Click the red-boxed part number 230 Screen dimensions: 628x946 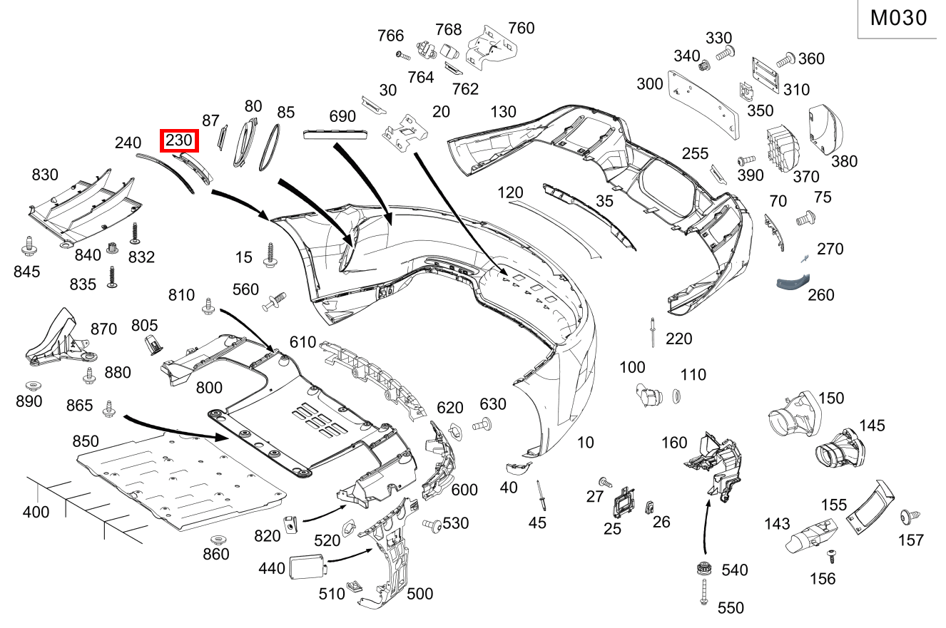[179, 141]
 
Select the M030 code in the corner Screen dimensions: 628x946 [899, 18]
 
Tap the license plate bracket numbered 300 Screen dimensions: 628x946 [703, 101]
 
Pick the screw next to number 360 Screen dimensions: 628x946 [785, 60]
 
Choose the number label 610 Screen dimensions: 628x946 [302, 343]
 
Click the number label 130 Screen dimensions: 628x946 [503, 112]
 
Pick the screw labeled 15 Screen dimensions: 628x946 [270, 255]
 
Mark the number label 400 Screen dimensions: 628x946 [36, 512]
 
